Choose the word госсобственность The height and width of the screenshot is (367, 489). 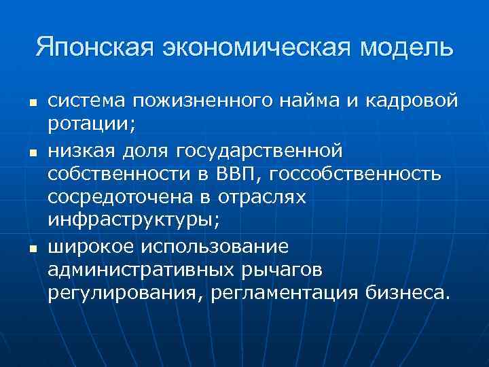click(x=356, y=174)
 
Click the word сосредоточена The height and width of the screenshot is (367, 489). click(x=119, y=198)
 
